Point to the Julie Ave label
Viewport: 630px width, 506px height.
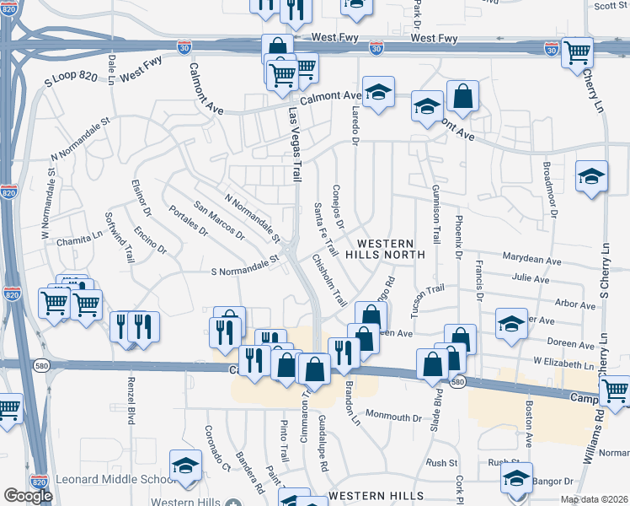(531, 277)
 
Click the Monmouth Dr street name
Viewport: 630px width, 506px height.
(392, 417)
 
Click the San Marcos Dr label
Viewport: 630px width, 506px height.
(218, 219)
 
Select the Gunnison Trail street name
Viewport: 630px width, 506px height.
(435, 213)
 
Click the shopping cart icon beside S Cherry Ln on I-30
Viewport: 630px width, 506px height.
(577, 52)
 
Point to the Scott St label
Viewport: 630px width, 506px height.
(611, 6)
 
